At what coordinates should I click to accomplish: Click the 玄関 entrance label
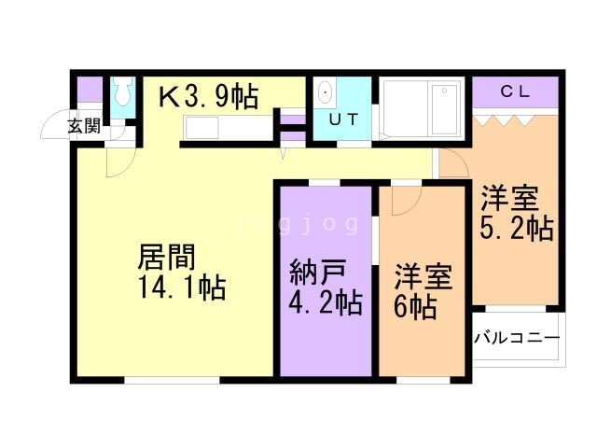click(85, 126)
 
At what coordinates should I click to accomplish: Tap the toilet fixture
click(124, 91)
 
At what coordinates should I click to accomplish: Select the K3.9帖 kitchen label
click(208, 96)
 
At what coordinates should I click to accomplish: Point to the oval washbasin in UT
click(326, 92)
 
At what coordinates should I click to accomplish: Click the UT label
click(344, 120)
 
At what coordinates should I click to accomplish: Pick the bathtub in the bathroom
click(444, 110)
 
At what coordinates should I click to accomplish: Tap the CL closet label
click(515, 91)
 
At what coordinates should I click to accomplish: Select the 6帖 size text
click(415, 307)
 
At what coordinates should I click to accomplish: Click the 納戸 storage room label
click(317, 272)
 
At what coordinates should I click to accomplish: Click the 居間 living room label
click(166, 257)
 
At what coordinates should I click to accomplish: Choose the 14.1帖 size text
click(182, 287)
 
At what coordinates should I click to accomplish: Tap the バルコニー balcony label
click(517, 338)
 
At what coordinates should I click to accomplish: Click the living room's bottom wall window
click(172, 380)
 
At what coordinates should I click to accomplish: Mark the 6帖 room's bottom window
click(423, 380)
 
